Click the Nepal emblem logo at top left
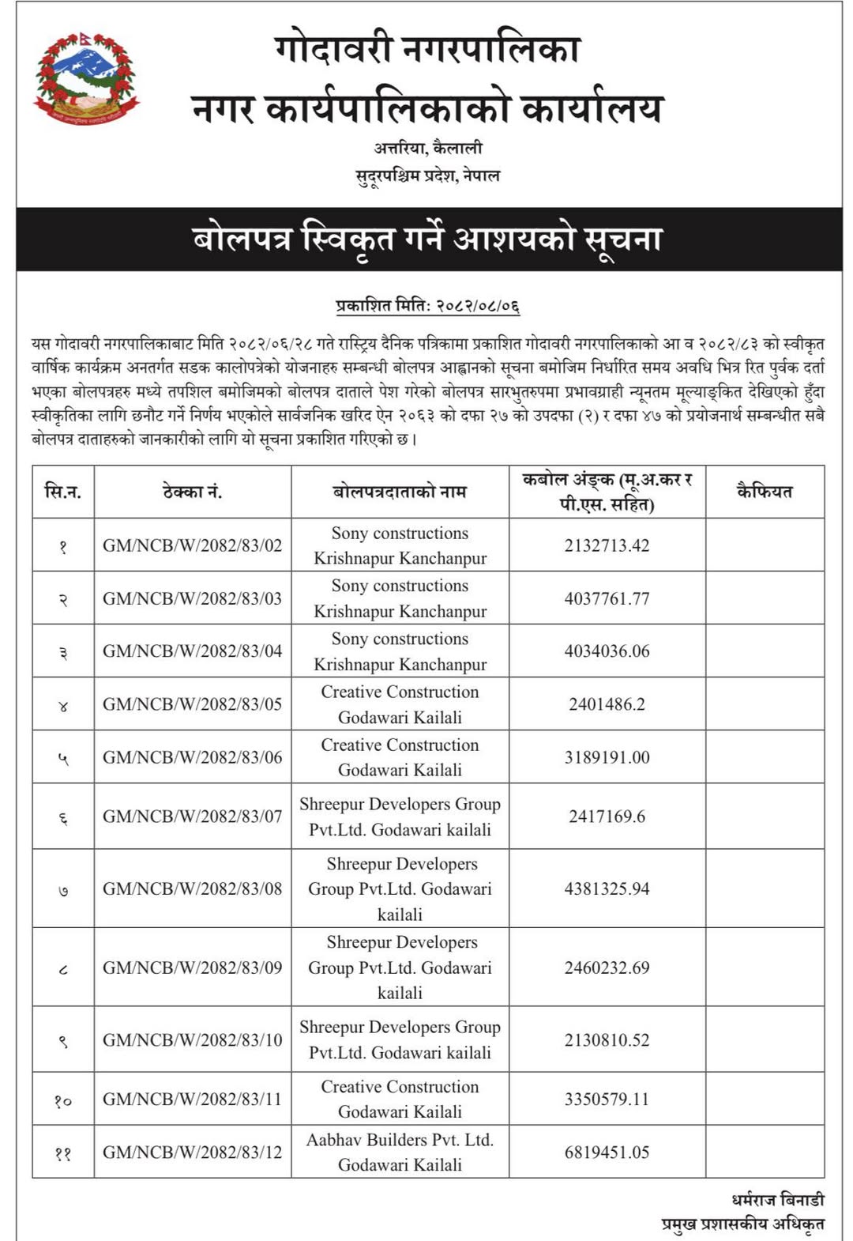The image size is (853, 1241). pyautogui.click(x=85, y=78)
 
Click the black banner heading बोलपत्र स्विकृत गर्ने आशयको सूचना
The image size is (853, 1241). pyautogui.click(x=427, y=238)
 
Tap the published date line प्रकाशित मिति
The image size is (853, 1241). pyautogui.click(x=427, y=305)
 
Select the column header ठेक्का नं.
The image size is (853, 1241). pyautogui.click(x=192, y=492)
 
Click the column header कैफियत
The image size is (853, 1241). pyautogui.click(x=764, y=492)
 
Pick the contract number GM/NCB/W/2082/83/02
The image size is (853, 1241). pyautogui.click(x=192, y=545)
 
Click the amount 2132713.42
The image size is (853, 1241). pyautogui.click(x=607, y=545)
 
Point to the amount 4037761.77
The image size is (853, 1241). pyautogui.click(x=607, y=598)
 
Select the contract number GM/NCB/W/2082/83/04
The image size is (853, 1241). pyautogui.click(x=192, y=651)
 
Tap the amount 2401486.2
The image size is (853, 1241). pyautogui.click(x=607, y=704)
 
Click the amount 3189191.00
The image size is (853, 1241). pyautogui.click(x=607, y=757)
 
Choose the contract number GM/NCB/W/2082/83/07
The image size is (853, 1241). pyautogui.click(x=192, y=817)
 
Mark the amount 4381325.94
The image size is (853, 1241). pyautogui.click(x=607, y=889)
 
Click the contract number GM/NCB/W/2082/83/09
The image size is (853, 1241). pyautogui.click(x=192, y=968)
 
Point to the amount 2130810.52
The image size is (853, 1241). pyautogui.click(x=607, y=1040)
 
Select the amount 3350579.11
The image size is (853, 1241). pyautogui.click(x=607, y=1099)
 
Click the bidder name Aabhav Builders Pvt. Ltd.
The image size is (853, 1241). pyautogui.click(x=400, y=1140)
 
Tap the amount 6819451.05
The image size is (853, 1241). pyautogui.click(x=607, y=1152)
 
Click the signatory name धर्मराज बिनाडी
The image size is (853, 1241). pyautogui.click(x=777, y=1200)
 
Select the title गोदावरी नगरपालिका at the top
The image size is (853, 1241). pyautogui.click(x=427, y=49)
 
